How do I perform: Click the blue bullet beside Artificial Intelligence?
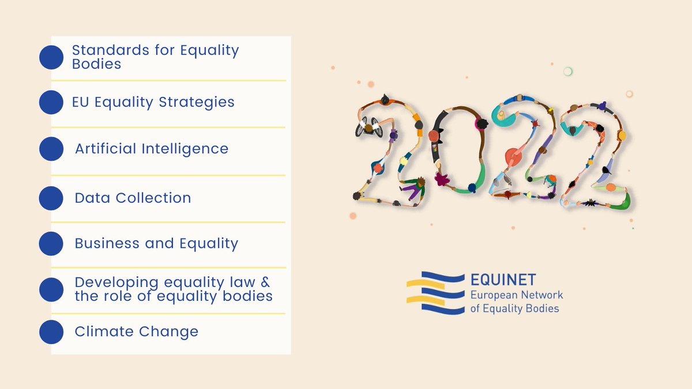click(x=51, y=149)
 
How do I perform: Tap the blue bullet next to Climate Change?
click(x=51, y=332)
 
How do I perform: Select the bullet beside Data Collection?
click(x=51, y=198)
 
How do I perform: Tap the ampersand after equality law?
click(x=264, y=283)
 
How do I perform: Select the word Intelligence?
click(x=185, y=149)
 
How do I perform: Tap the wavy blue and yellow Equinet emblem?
click(x=435, y=293)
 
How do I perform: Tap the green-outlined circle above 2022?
click(x=567, y=71)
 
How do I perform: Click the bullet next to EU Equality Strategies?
click(x=51, y=103)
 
